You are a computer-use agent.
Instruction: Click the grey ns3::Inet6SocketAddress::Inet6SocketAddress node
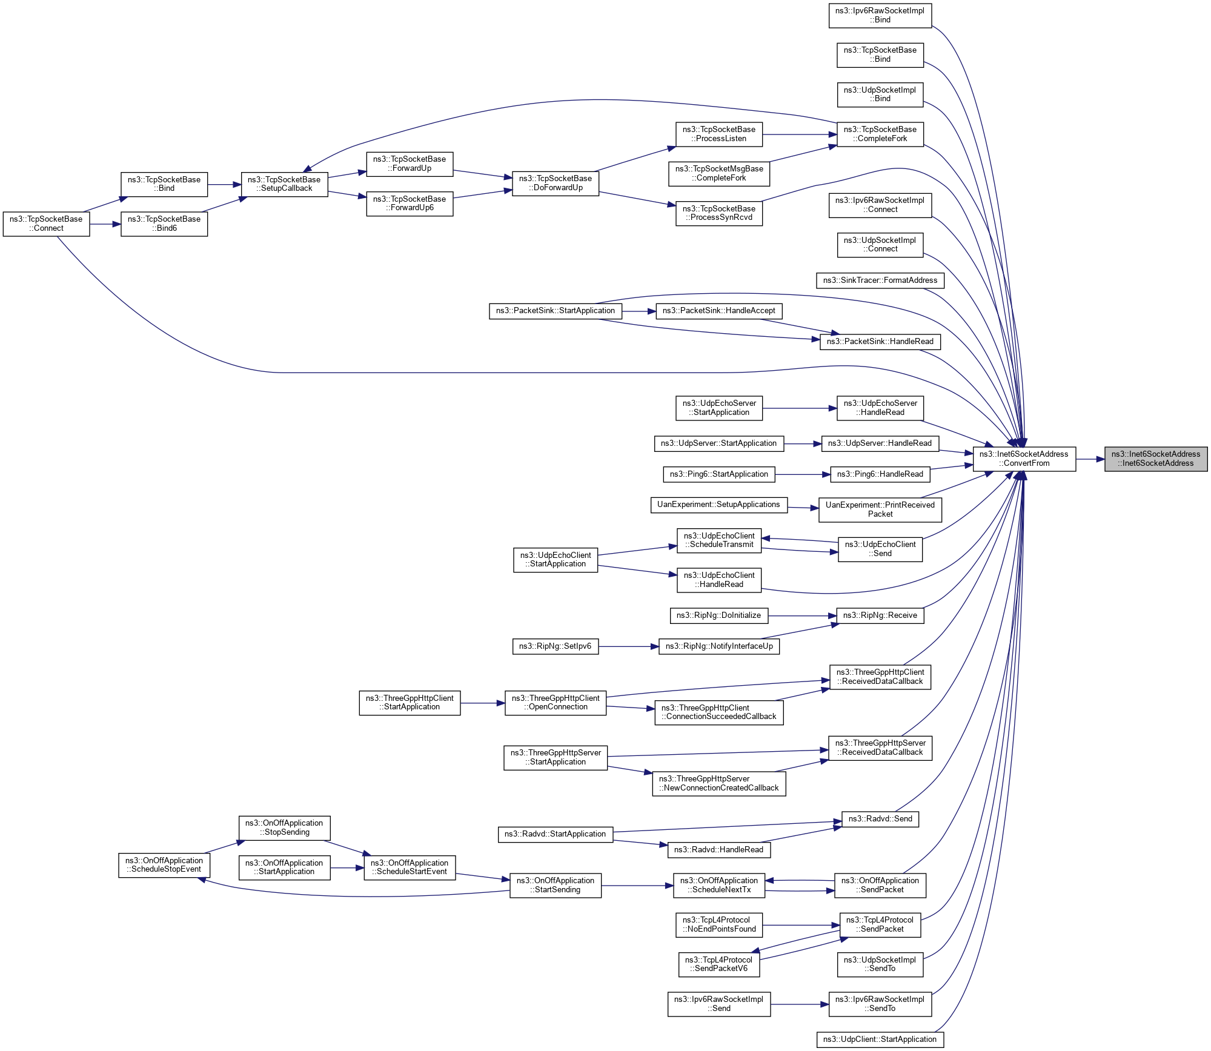coord(1155,459)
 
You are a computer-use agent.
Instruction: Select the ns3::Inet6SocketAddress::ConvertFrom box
coord(1024,459)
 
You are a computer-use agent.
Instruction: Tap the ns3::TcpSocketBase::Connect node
coord(46,224)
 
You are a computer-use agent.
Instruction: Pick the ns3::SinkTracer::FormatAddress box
coord(880,280)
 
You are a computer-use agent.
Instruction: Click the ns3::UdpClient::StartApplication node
coord(880,1039)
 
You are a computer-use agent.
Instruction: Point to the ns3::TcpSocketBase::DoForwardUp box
coord(555,184)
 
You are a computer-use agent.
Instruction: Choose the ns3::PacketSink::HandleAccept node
coord(718,311)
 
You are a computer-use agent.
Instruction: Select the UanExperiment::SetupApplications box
coord(718,505)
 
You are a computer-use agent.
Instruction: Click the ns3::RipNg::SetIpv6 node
coord(555,646)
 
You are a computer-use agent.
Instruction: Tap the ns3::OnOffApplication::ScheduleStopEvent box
coord(164,865)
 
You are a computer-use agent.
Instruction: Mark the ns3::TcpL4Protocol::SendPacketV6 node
coord(718,964)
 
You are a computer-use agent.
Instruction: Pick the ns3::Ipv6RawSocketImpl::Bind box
coord(880,15)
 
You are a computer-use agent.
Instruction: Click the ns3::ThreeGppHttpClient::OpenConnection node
coord(555,703)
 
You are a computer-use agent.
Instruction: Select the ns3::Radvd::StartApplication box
coord(555,834)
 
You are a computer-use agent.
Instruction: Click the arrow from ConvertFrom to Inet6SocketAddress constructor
coord(1090,459)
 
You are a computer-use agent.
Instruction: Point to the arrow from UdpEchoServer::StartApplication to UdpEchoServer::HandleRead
coord(799,408)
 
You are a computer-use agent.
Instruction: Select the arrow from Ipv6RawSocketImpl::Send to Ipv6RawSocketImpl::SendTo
coord(799,1004)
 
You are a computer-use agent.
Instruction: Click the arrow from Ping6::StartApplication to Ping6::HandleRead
coord(802,474)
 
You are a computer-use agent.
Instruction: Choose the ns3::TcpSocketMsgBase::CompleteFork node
coord(718,174)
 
